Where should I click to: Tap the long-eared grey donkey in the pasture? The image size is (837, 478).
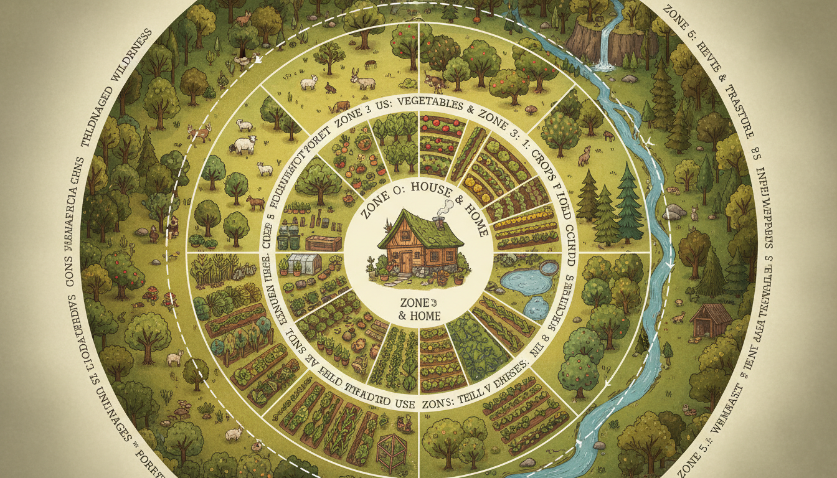pyautogui.click(x=362, y=80)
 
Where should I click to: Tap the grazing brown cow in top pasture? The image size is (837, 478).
pyautogui.click(x=341, y=106)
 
